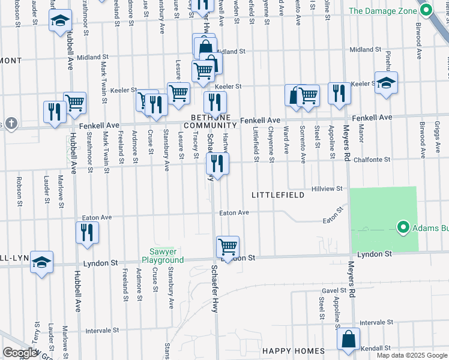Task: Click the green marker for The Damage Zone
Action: pyautogui.click(x=426, y=10)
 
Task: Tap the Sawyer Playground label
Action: pyautogui.click(x=162, y=256)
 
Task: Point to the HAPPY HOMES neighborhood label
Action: pyautogui.click(x=293, y=351)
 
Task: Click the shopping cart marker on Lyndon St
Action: pyautogui.click(x=228, y=246)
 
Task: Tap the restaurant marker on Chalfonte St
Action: pyautogui.click(x=217, y=163)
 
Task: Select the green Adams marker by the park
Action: pyautogui.click(x=403, y=227)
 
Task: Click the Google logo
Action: pyautogui.click(x=20, y=353)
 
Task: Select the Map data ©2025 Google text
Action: pyautogui.click(x=411, y=355)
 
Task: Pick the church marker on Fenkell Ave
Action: pyautogui.click(x=9, y=124)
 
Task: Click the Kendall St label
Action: pyautogui.click(x=377, y=347)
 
